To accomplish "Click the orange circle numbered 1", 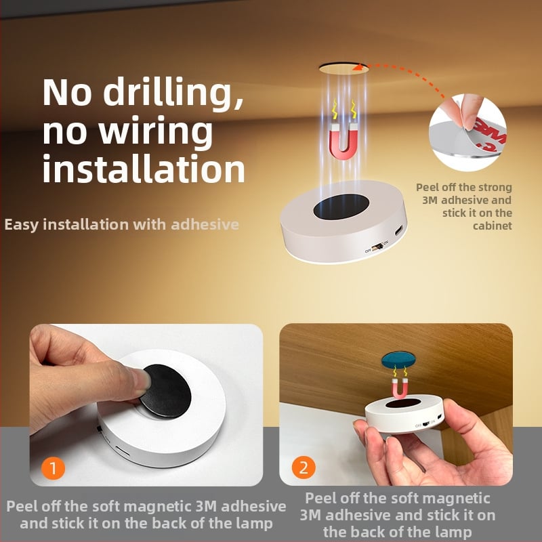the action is [x=54, y=468].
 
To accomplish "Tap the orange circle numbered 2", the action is [x=304, y=467].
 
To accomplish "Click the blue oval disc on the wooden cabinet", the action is [x=398, y=360].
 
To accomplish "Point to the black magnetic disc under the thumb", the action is [x=165, y=391].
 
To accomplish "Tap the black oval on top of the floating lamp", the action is [x=341, y=207].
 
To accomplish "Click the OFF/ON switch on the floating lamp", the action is [x=377, y=247].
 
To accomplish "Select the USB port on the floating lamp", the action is [x=399, y=230].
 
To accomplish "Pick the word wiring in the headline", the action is [x=156, y=131].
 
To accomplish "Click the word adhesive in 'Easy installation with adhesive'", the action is [x=205, y=225].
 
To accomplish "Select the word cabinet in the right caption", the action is [x=493, y=226].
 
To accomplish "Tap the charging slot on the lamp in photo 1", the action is [x=123, y=451].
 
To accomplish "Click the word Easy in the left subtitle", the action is [x=22, y=225].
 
